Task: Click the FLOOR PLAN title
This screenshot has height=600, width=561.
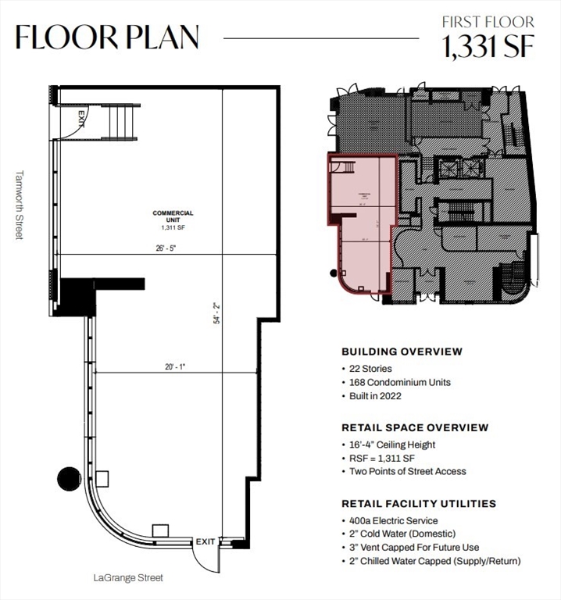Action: (x=107, y=37)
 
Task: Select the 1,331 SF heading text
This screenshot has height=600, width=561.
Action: (x=488, y=47)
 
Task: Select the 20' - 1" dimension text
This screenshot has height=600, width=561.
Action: (x=174, y=365)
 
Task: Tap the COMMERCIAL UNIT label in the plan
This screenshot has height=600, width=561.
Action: (x=173, y=218)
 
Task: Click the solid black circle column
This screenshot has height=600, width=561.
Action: (x=69, y=477)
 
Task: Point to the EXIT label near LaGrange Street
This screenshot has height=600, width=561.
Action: (x=205, y=541)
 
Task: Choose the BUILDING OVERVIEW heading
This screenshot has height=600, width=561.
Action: (x=402, y=352)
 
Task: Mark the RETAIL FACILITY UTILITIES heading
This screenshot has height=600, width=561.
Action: (x=419, y=504)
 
